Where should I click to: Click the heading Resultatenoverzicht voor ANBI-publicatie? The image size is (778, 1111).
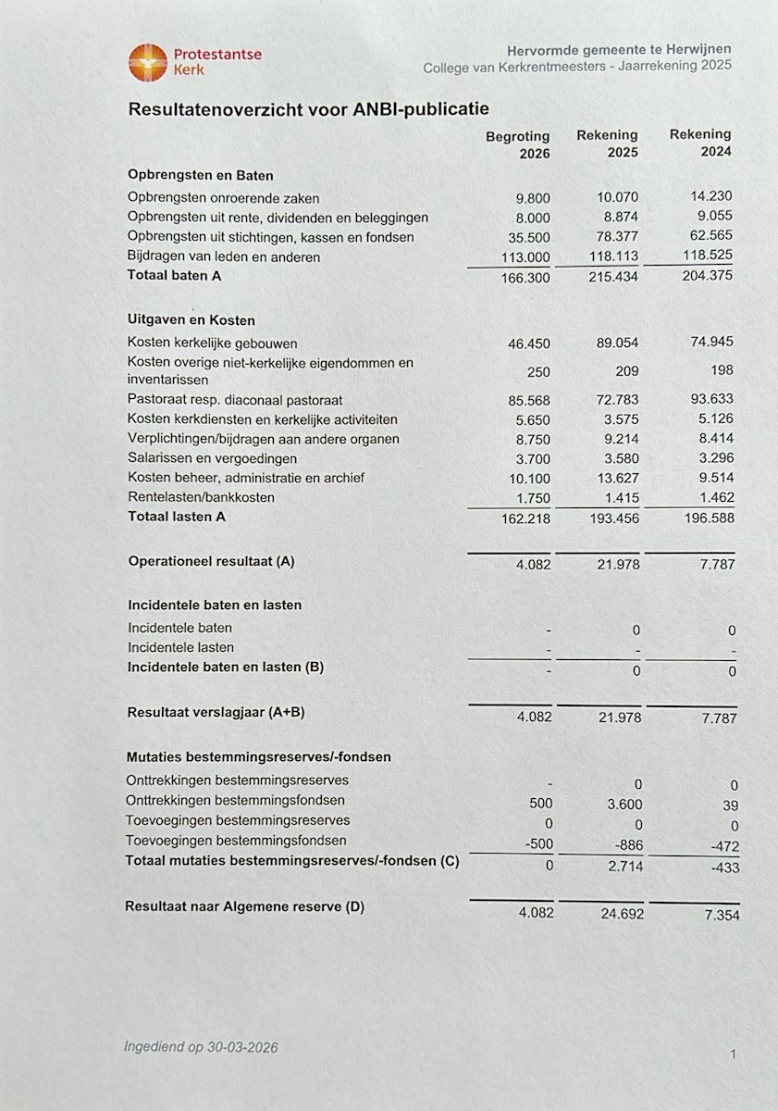308,109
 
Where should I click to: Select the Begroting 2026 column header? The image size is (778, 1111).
518,145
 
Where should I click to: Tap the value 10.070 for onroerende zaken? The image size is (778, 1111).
617,197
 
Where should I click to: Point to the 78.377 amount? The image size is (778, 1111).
617,237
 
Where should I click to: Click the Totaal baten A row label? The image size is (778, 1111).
175,275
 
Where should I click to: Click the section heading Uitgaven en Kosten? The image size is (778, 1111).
191,319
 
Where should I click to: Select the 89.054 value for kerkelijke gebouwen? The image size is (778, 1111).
617,343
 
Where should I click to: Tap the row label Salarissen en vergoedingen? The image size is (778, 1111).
212,458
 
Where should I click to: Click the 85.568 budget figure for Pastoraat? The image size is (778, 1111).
528,401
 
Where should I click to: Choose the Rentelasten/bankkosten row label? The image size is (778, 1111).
201,497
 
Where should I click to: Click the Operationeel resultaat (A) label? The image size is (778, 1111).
211,561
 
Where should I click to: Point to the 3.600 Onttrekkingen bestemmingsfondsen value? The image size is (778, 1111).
624,805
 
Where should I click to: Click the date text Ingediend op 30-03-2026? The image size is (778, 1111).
201,1047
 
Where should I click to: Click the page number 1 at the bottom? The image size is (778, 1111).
733,1054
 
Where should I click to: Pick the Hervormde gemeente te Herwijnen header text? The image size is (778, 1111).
619,50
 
